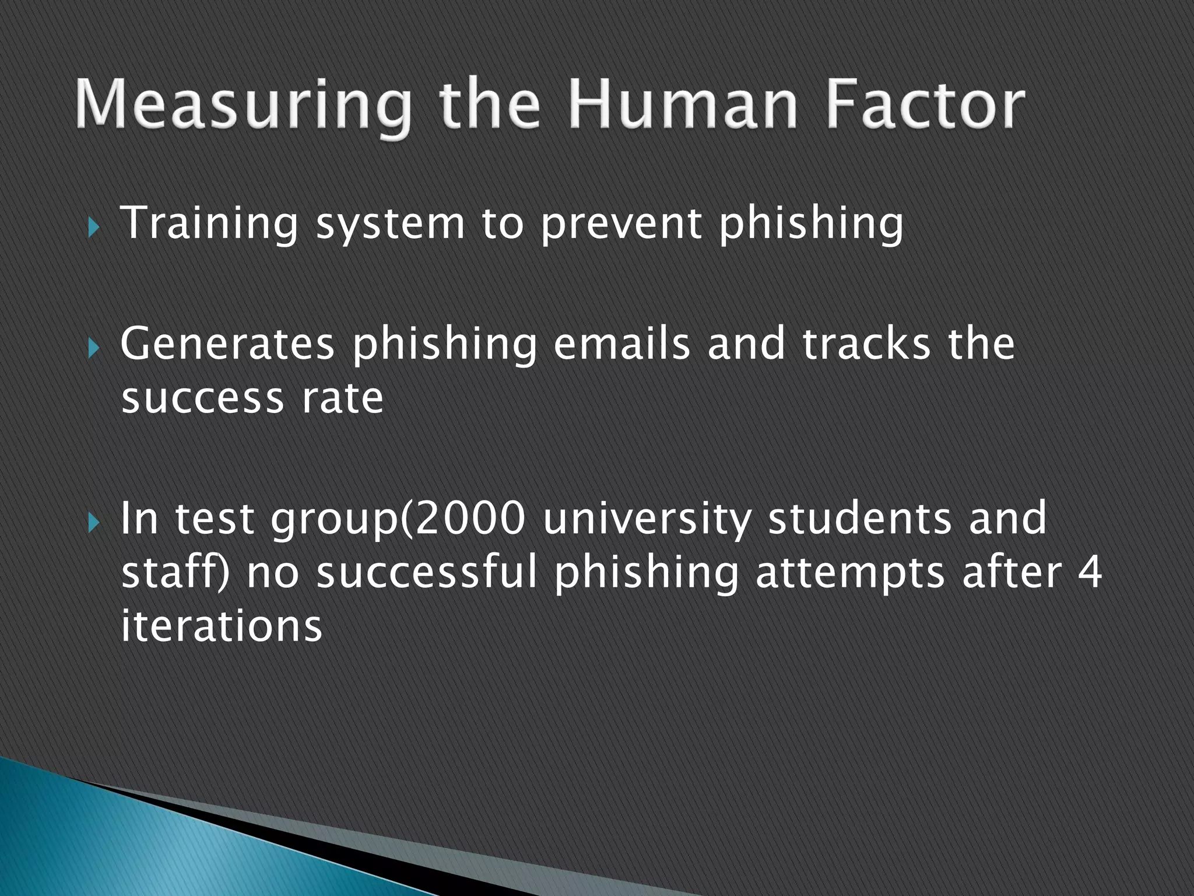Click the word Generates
pos(227,344)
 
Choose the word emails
pos(621,344)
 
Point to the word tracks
pos(866,344)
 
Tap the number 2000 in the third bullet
pos(470,518)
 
